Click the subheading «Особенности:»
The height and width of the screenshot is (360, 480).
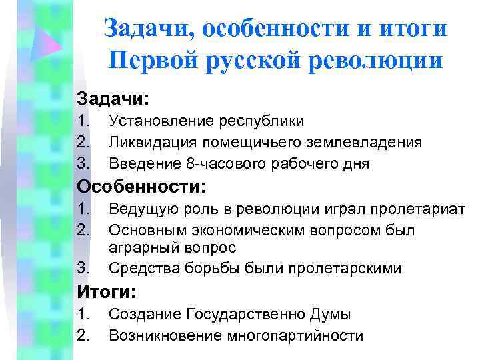pos(142,186)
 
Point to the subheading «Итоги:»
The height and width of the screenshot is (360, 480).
pos(107,291)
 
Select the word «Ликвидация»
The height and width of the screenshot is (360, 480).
pos(149,143)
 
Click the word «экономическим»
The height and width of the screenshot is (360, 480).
pos(244,231)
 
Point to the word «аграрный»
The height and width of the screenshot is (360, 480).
pos(139,248)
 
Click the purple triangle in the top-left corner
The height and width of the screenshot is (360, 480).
pos(47,45)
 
